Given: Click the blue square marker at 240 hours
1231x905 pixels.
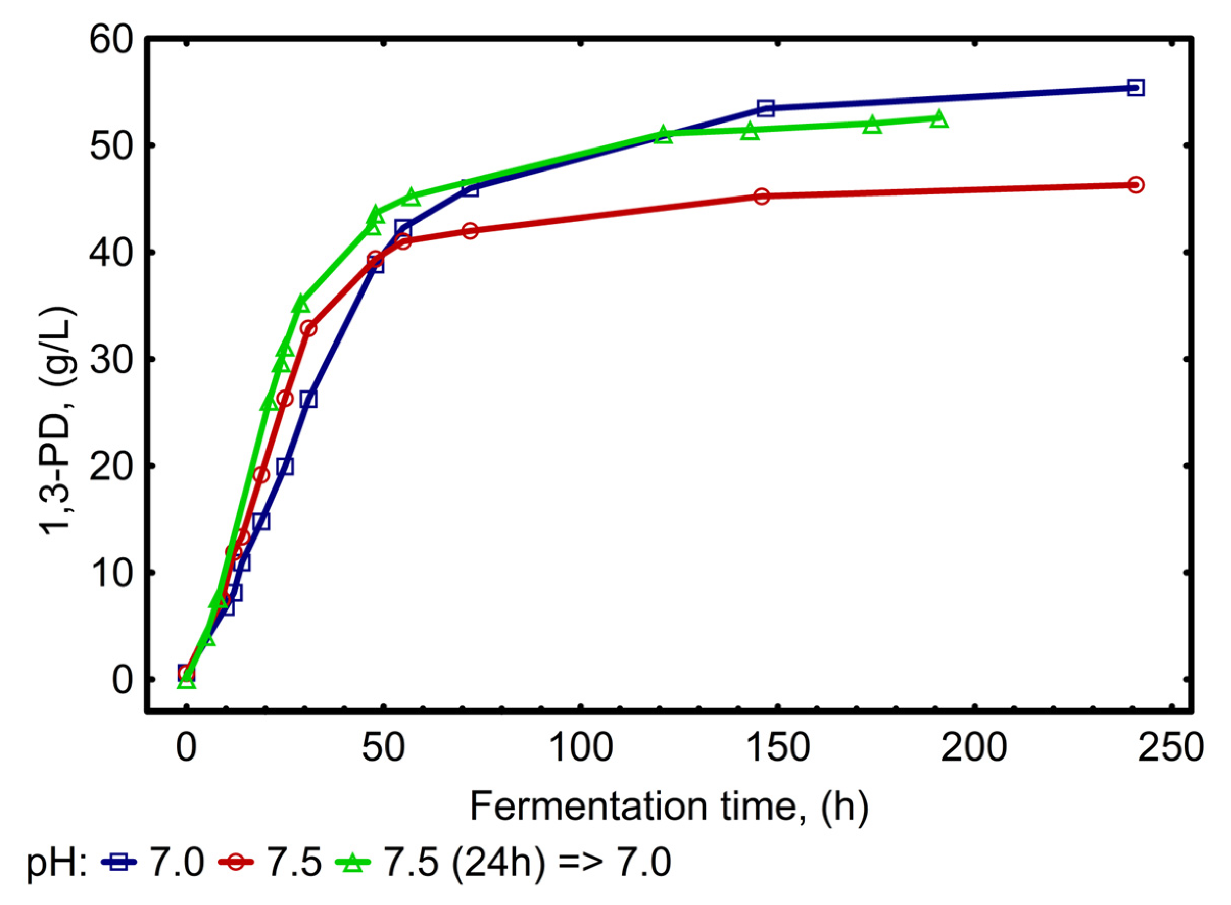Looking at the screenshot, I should pyautogui.click(x=1136, y=88).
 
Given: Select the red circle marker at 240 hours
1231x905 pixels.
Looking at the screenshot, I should pyautogui.click(x=1136, y=185).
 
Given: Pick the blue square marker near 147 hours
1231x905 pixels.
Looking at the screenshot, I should pyautogui.click(x=765, y=108).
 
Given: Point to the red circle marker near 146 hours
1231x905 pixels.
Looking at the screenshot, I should pyautogui.click(x=761, y=196).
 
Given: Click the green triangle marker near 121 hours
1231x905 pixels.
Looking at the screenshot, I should pyautogui.click(x=663, y=135).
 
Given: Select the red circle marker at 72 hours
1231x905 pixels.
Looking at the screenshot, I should pyautogui.click(x=470, y=231).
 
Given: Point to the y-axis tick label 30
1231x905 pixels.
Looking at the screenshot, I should pyautogui.click(x=111, y=359).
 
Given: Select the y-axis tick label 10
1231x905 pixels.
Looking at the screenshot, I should pyautogui.click(x=111, y=573).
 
